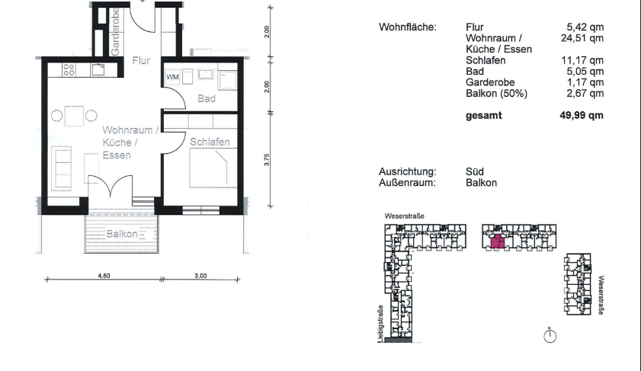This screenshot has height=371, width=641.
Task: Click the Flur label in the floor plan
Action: [141, 61]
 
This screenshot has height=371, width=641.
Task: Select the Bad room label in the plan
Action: [207, 98]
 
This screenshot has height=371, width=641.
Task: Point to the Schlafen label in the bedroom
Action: [210, 142]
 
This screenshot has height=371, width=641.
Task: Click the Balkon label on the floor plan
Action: [122, 234]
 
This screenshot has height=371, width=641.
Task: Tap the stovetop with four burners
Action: [68, 70]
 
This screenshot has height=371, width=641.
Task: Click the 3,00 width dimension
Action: [200, 275]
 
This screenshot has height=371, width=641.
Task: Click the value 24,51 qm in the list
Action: [583, 37]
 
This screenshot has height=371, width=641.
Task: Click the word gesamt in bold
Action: [483, 116]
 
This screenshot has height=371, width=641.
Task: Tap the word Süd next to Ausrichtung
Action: [474, 172]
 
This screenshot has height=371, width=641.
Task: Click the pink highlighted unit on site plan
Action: [497, 242]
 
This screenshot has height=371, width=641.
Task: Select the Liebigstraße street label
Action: [380, 324]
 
